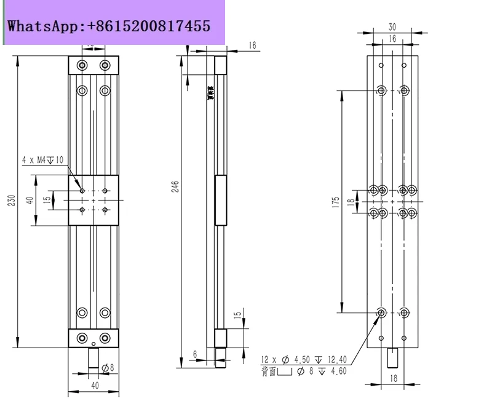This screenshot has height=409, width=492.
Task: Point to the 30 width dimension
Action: point(392,26)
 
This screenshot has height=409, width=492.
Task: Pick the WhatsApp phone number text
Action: point(108,26)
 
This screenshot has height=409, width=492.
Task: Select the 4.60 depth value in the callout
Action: point(339,371)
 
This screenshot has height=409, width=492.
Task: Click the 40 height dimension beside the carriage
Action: point(29,201)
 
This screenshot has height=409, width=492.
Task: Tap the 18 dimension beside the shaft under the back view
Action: point(392,379)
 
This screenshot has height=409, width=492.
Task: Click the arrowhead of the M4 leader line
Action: point(81,189)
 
